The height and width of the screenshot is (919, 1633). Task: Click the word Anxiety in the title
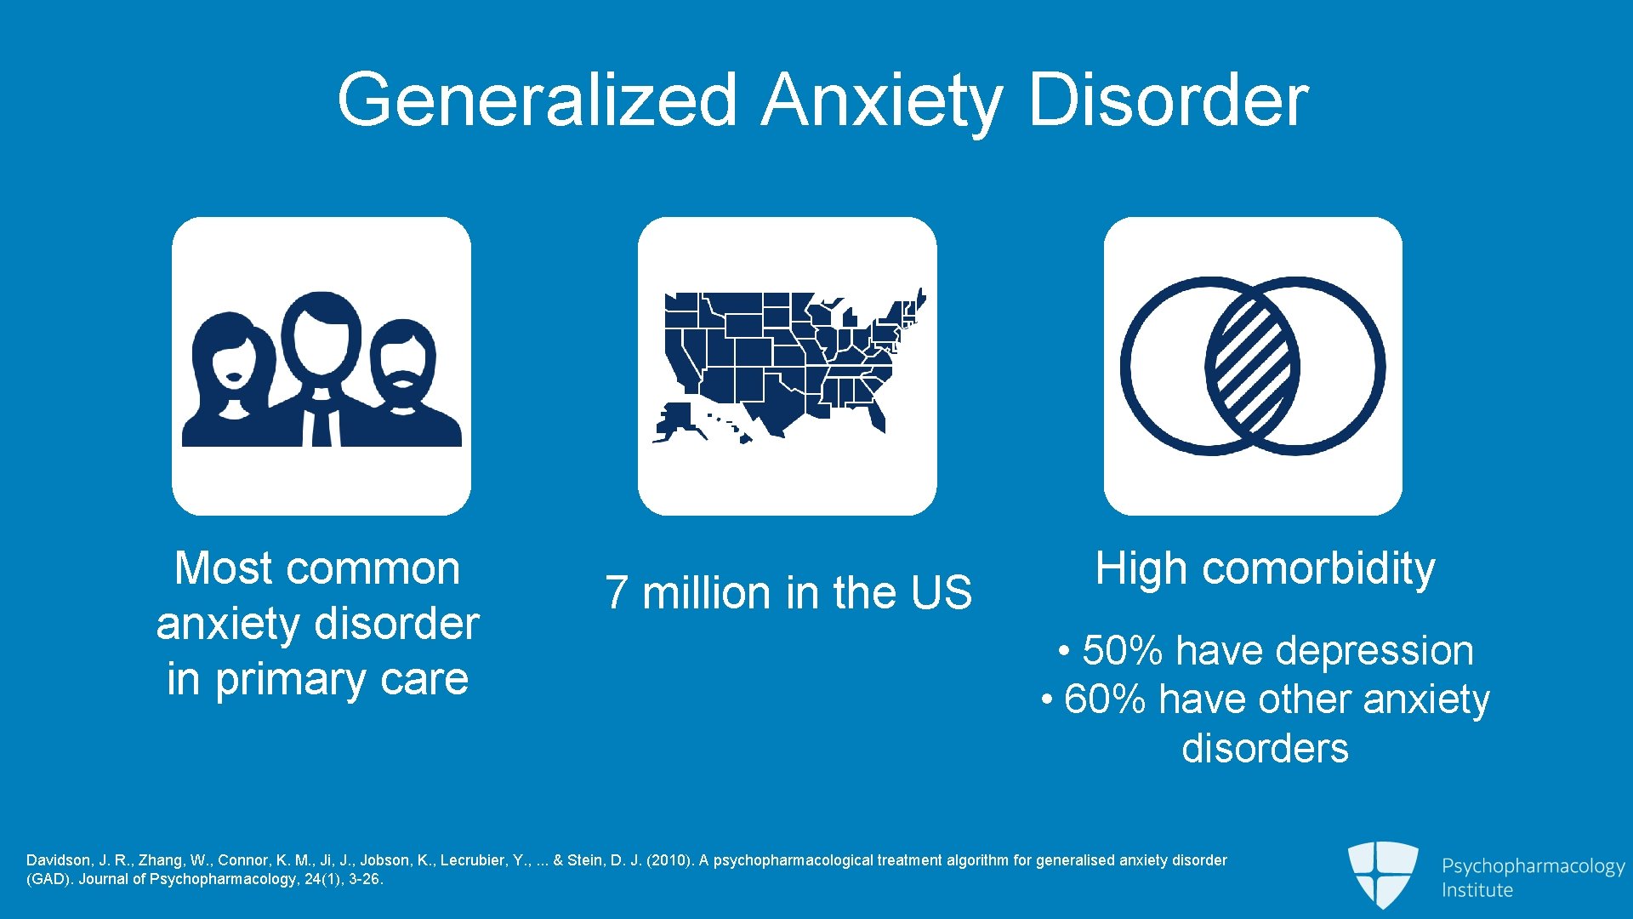tap(882, 100)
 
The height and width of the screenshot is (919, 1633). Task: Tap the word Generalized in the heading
tap(537, 100)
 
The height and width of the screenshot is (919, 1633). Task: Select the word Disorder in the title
tap(1168, 100)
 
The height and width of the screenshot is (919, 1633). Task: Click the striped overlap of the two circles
tap(1252, 366)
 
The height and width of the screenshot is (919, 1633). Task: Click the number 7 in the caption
tap(617, 593)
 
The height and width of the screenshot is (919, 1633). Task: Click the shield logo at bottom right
tap(1382, 873)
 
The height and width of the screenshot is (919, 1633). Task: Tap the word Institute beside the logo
tap(1477, 890)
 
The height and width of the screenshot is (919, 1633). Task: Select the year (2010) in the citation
tap(669, 860)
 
